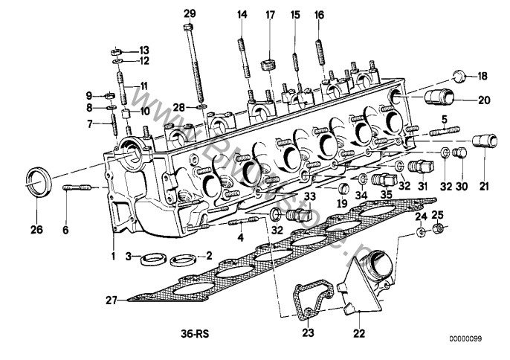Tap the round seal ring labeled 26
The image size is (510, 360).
pos(39,181)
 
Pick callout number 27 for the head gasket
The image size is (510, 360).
pos(112,300)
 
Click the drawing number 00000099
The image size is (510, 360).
pos(465,340)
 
